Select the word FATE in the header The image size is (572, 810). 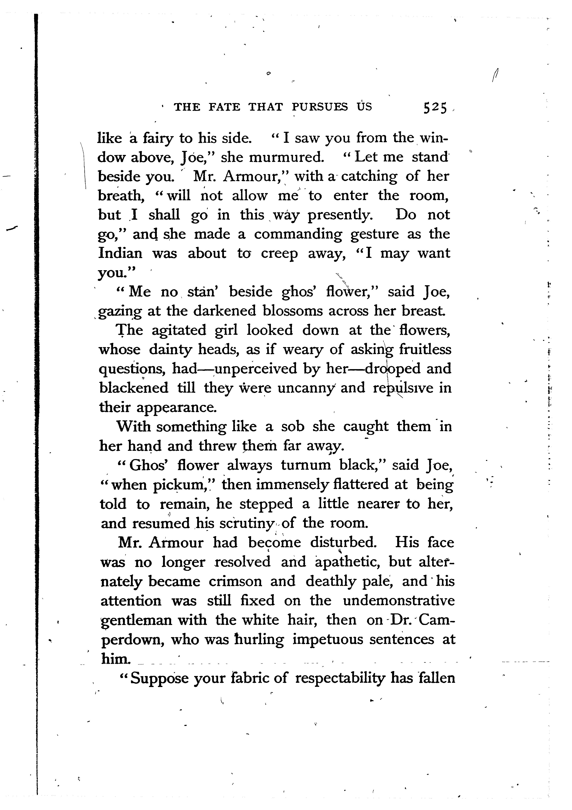(x=224, y=107)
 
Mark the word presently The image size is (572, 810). (x=340, y=215)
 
